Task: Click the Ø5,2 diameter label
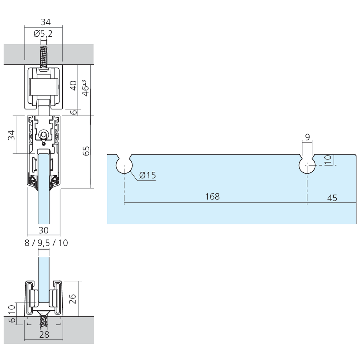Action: coord(43,34)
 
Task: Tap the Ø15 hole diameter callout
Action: coord(147,175)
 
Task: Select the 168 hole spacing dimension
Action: coord(212,197)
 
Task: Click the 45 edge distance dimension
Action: coord(332,198)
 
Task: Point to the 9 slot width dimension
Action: coord(307,137)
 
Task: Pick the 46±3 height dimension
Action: coord(85,88)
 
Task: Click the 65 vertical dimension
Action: coord(86,151)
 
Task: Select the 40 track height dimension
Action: coord(73,86)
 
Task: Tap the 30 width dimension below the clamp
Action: coord(44,230)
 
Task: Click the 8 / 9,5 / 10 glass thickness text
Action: coord(46,243)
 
